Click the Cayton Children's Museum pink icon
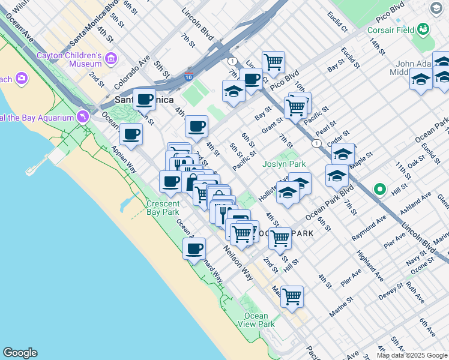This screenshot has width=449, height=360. coord(111,59)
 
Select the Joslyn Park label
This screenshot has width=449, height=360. coord(284,164)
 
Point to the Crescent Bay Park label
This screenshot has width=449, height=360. coord(163,208)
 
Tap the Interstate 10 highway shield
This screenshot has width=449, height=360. coord(188,76)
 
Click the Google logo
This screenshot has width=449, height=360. coord(20,353)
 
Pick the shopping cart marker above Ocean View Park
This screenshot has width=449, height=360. coord(292,296)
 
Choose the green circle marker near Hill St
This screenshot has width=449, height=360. coord(379,190)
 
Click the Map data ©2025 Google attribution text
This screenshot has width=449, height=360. coord(412,355)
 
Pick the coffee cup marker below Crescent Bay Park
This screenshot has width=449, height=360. coord(194,249)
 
